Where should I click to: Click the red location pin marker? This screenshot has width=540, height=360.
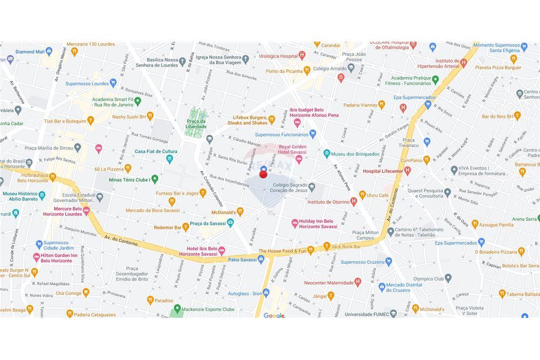263,174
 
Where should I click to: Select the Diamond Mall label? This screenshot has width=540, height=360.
30,52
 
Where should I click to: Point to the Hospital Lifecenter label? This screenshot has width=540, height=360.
382,171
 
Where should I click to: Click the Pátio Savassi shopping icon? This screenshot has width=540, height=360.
261,259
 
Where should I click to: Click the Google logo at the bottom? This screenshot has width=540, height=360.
274,316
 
